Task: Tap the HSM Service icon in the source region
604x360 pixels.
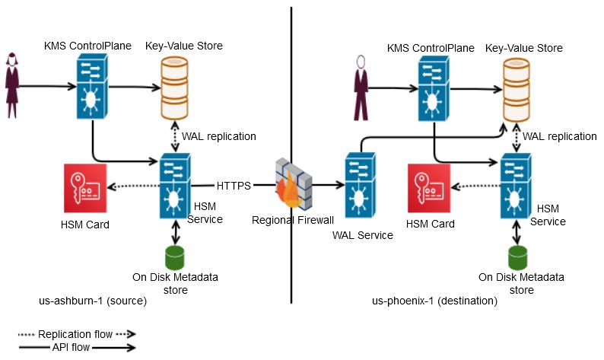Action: pos(174,186)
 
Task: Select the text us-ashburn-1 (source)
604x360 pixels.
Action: pos(92,301)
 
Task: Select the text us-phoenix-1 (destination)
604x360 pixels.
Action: pos(434,301)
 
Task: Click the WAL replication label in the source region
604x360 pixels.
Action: pos(218,136)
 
